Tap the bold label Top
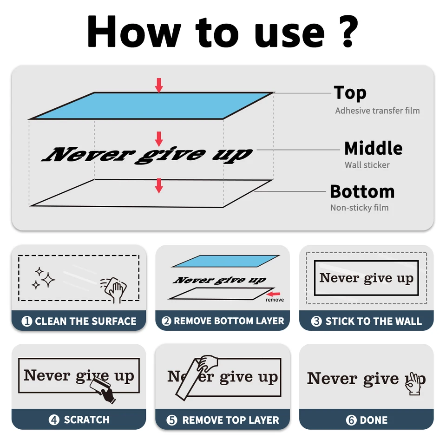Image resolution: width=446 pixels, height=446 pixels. (x=350, y=93)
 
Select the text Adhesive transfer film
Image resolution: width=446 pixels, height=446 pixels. (x=377, y=111)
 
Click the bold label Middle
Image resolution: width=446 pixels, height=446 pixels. (x=374, y=148)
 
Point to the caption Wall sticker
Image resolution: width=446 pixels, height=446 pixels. (x=367, y=164)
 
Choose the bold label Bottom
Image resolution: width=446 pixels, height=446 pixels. (x=362, y=191)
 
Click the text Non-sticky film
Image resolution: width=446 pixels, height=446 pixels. (x=359, y=208)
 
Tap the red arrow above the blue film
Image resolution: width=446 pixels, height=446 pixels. (x=159, y=85)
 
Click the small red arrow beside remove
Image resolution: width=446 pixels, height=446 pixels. (x=274, y=294)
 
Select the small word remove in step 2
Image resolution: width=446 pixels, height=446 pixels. (x=275, y=300)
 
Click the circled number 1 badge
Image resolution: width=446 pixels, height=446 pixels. (x=27, y=321)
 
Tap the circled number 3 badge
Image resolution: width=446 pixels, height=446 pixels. (x=316, y=321)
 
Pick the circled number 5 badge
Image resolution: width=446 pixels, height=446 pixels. (x=172, y=420)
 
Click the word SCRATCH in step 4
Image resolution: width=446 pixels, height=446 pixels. (x=87, y=420)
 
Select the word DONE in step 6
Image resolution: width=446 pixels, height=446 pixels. (x=374, y=420)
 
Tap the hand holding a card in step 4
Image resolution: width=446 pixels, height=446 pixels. (x=103, y=389)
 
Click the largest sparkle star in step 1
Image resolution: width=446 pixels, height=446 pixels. (x=48, y=280)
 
